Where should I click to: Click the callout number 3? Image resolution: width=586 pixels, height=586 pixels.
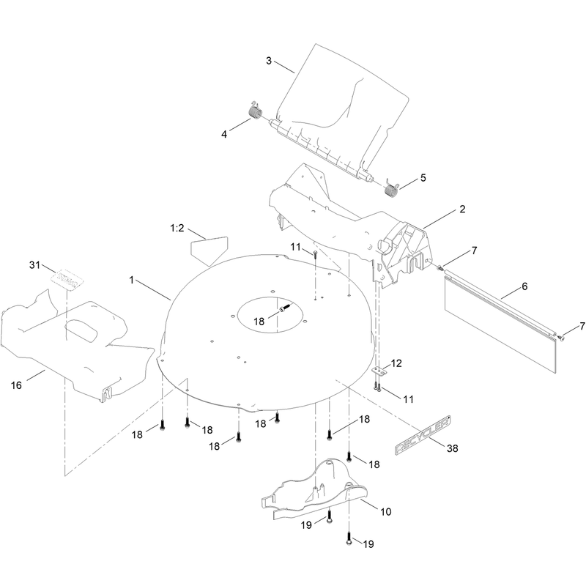coord(269,61)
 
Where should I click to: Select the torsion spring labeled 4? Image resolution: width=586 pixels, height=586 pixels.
coord(255,111)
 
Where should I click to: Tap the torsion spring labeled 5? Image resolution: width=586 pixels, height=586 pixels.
coord(391,188)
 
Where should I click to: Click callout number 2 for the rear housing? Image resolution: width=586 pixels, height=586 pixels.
coord(462,209)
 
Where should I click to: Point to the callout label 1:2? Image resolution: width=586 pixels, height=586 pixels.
coord(177,228)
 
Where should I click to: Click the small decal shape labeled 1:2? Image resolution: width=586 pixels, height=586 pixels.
coord(209,250)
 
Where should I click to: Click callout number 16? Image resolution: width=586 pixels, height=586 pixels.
coord(16,385)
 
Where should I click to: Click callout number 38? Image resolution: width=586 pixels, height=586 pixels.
coord(452,448)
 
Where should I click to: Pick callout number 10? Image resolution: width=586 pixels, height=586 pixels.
coord(386,511)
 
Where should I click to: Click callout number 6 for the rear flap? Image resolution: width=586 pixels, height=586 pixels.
coord(524,286)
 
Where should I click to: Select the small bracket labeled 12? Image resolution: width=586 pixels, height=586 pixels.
coord(379,371)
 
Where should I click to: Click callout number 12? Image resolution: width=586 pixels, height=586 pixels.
coord(396,363)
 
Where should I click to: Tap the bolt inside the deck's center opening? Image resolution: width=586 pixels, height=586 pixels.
coord(284,308)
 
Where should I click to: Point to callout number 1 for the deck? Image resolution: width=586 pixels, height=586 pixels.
coord(132,280)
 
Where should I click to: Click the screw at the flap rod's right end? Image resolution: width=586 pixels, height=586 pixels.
coord(560,338)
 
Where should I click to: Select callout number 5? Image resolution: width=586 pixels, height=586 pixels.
coord(423,177)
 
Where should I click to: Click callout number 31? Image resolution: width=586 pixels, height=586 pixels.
coord(34,265)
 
